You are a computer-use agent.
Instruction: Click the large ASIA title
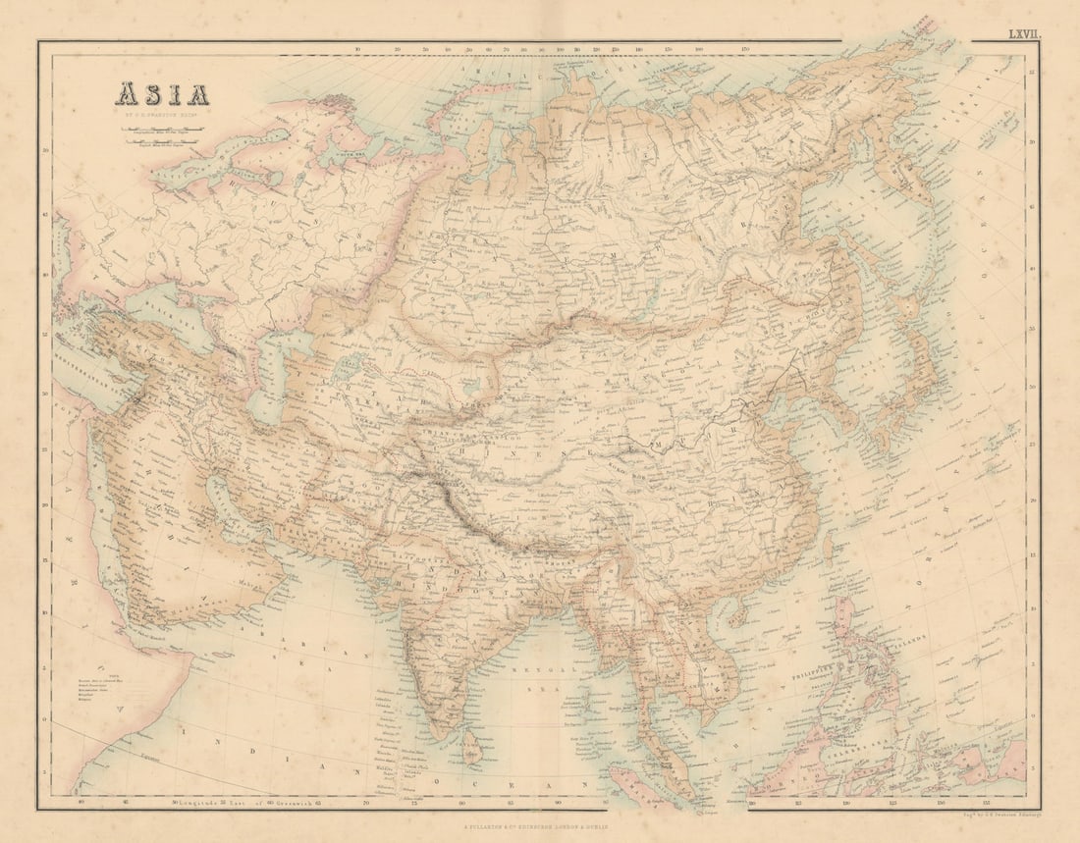(x=163, y=95)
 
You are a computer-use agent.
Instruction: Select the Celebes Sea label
(x=835, y=751)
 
